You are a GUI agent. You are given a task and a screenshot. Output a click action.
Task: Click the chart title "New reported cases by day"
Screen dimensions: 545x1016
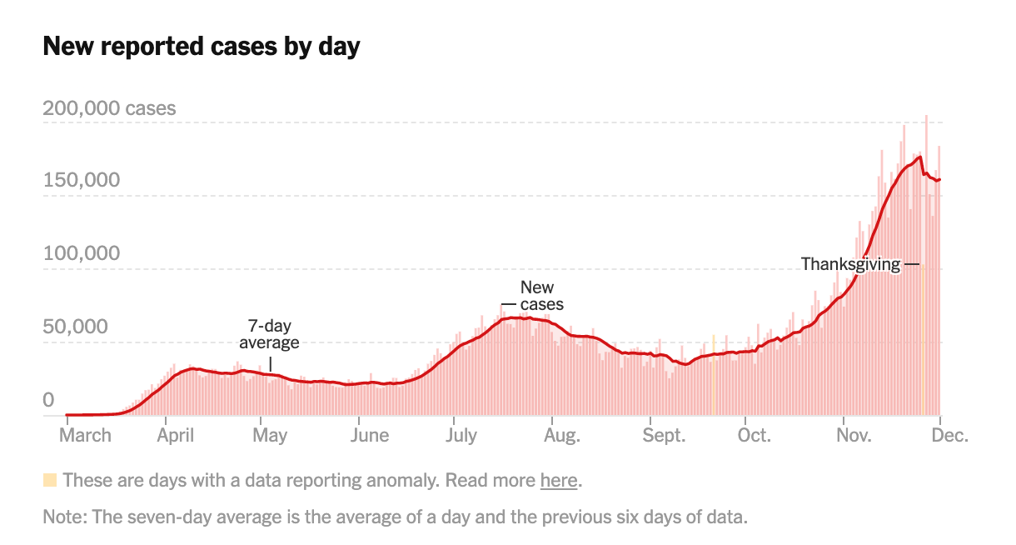(201, 47)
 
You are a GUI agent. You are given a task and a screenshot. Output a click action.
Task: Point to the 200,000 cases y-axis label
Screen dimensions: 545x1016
(109, 108)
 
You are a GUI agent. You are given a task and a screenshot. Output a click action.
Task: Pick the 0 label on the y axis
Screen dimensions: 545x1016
(48, 400)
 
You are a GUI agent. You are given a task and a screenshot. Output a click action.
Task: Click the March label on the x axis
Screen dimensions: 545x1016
(85, 435)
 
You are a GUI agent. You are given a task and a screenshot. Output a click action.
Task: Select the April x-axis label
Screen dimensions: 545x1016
(175, 435)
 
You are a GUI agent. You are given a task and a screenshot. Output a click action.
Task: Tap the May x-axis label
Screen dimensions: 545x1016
(271, 435)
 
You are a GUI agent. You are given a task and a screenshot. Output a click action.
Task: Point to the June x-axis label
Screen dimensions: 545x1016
(369, 435)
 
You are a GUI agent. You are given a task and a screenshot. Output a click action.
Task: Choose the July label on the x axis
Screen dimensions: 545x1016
(461, 435)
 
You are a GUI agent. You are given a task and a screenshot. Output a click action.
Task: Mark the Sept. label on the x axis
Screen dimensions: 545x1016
(663, 435)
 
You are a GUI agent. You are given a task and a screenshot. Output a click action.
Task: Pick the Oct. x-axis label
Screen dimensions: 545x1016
(755, 435)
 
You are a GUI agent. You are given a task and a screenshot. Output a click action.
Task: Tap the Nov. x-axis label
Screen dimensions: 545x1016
(853, 435)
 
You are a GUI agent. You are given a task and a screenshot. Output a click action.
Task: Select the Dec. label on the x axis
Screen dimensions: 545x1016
(949, 435)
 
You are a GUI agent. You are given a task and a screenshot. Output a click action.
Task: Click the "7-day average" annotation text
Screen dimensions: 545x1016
(269, 334)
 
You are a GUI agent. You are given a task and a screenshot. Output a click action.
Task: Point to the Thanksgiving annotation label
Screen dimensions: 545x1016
(850, 265)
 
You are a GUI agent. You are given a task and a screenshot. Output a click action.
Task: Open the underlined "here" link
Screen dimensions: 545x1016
(558, 481)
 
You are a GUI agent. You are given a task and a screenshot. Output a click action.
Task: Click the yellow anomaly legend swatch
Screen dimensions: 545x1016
(50, 480)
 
